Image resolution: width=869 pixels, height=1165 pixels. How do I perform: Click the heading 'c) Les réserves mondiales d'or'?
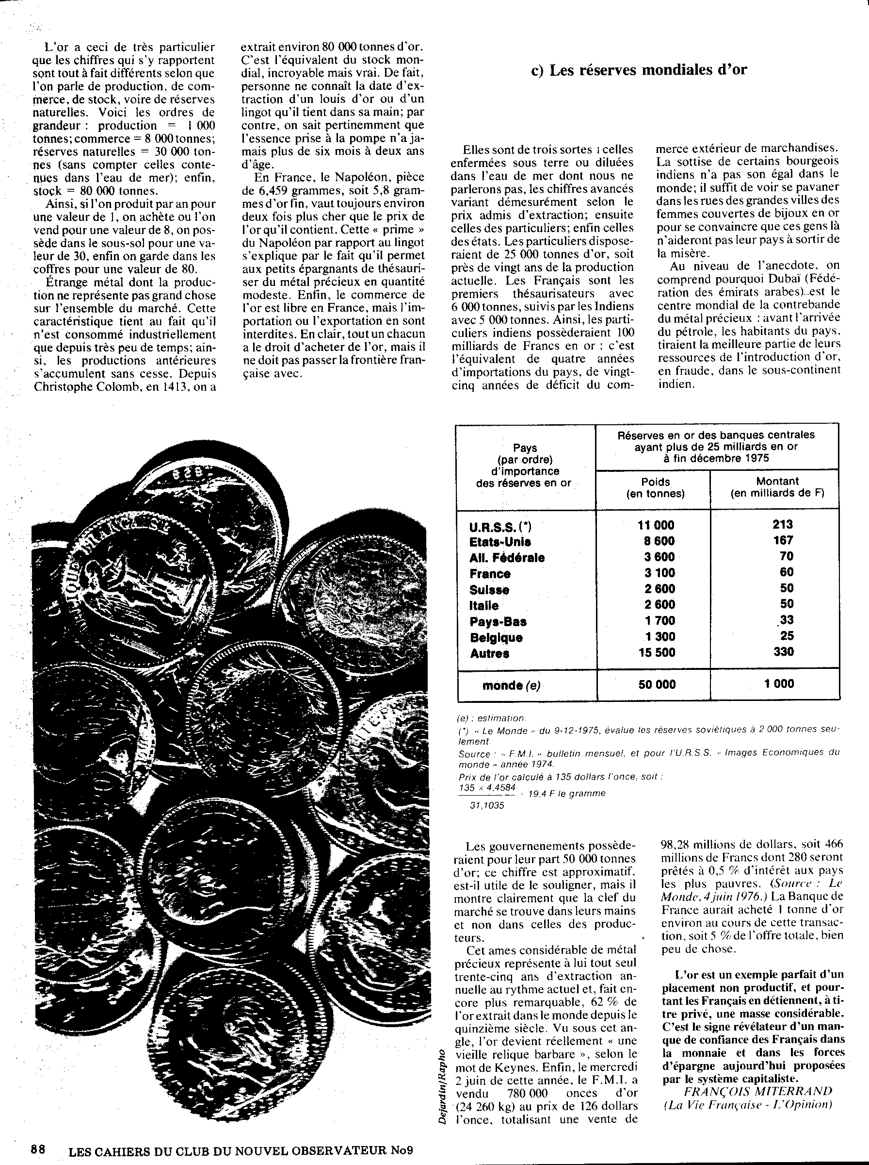639,70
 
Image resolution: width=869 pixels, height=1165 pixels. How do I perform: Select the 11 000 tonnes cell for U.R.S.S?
656,525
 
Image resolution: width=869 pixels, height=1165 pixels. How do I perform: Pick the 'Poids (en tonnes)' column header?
656,487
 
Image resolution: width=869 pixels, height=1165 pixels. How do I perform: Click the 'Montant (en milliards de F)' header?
777,487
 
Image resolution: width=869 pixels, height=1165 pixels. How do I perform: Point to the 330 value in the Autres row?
783,652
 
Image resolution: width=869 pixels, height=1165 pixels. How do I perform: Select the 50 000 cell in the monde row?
657,684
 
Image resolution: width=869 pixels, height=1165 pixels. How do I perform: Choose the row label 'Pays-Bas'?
498,622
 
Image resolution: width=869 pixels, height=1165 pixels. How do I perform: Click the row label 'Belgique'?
496,637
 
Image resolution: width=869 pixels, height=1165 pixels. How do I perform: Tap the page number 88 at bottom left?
38,1149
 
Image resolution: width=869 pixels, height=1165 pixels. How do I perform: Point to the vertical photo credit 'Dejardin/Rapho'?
442,1086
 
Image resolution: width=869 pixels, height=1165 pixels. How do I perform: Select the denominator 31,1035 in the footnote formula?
486,805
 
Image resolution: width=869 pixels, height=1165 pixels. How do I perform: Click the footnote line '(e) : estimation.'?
491,718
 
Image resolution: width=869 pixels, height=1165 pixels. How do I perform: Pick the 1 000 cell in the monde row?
779,684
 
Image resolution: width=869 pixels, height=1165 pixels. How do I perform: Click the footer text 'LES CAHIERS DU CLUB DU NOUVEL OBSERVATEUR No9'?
241,1150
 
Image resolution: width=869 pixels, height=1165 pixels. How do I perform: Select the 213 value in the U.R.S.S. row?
783,524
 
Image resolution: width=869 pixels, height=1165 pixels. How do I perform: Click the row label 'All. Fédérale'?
507,557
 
